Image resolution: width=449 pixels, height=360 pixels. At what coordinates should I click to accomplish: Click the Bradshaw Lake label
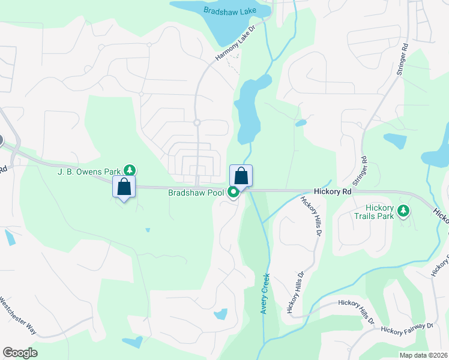click(x=229, y=10)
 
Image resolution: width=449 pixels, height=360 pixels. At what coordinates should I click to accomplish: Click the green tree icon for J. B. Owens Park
click(x=128, y=170)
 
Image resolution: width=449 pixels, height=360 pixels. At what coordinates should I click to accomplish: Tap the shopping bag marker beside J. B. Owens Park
click(x=124, y=187)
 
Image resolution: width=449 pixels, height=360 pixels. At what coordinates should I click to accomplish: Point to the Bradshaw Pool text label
click(x=196, y=193)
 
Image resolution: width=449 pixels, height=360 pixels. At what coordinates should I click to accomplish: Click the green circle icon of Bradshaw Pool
click(x=233, y=193)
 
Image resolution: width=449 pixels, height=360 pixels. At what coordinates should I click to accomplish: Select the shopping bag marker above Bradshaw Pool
click(x=241, y=176)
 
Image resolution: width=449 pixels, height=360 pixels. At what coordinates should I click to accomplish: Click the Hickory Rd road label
click(x=332, y=191)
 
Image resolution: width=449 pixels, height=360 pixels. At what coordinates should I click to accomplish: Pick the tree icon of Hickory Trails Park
click(x=405, y=211)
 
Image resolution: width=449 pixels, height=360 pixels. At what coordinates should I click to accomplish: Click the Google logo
click(x=20, y=353)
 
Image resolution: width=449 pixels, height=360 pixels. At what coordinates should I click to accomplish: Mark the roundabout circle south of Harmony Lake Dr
click(x=196, y=122)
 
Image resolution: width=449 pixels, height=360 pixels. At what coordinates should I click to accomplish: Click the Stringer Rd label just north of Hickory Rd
click(x=363, y=169)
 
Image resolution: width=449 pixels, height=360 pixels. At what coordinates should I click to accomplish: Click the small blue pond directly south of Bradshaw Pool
click(x=221, y=314)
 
